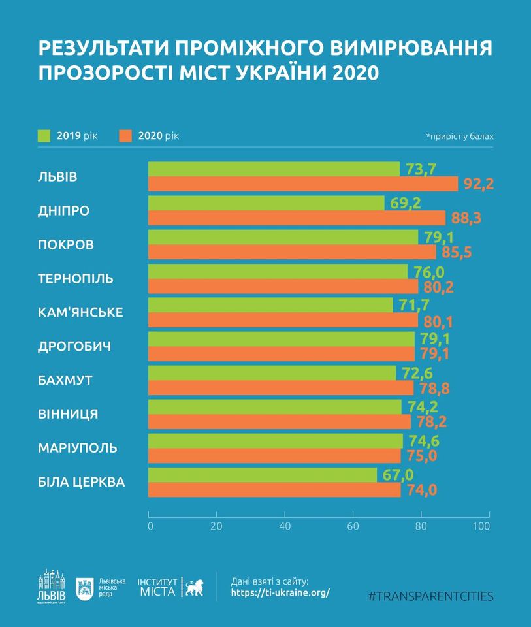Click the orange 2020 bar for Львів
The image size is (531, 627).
point(303,184)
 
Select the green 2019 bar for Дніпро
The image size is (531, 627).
point(266,203)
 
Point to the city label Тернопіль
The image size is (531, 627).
point(76,279)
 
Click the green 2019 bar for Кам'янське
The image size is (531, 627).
point(270,305)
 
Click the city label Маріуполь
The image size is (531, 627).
point(78,449)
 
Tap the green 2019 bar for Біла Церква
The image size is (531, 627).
point(263,475)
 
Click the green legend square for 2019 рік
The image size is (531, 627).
point(44,136)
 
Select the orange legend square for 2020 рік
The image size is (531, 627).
point(126,136)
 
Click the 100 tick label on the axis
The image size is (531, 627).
point(481,526)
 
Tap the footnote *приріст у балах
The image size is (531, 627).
point(460,137)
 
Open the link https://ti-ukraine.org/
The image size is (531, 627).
point(281,593)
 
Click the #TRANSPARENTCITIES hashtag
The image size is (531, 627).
point(431,596)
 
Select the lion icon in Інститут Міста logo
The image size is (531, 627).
point(194,588)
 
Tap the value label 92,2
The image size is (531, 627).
point(478,184)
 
